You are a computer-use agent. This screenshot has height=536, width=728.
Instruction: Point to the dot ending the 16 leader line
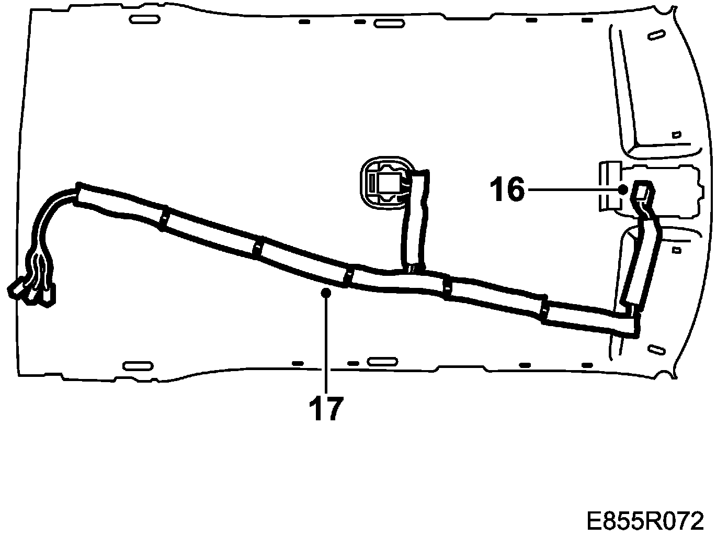pos(623,189)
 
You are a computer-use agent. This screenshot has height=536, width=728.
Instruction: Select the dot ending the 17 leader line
pos(326,293)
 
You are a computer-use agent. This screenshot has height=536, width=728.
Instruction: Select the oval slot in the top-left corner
pos(145,19)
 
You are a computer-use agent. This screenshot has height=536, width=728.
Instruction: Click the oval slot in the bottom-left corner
pos(138,366)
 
